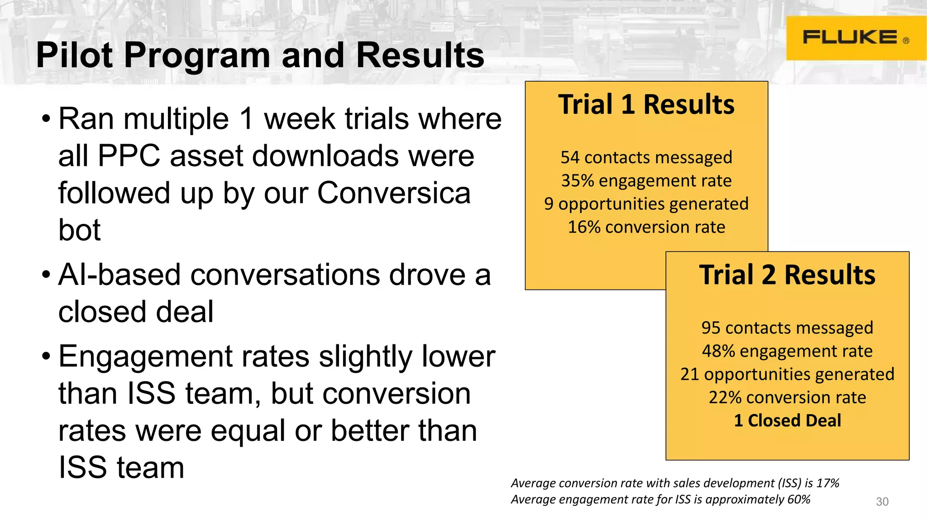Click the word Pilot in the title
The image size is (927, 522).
coord(74,55)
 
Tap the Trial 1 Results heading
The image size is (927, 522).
coord(646,105)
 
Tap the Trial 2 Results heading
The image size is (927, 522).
coord(787,275)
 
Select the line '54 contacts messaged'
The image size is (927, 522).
coord(646,158)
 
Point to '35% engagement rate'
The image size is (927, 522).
coord(646,181)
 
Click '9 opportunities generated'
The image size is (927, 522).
coord(646,204)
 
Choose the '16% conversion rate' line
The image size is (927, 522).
coord(646,227)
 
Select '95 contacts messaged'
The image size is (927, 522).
coord(787,328)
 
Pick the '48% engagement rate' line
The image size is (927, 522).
coord(787,351)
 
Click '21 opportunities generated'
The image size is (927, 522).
coord(787,374)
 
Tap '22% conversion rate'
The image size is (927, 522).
coord(787,397)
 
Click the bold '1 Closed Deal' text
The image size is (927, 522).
coord(787,420)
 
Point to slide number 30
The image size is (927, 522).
coord(882,502)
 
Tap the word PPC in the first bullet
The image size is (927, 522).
coord(129,156)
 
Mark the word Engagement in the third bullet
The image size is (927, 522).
coord(145,357)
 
